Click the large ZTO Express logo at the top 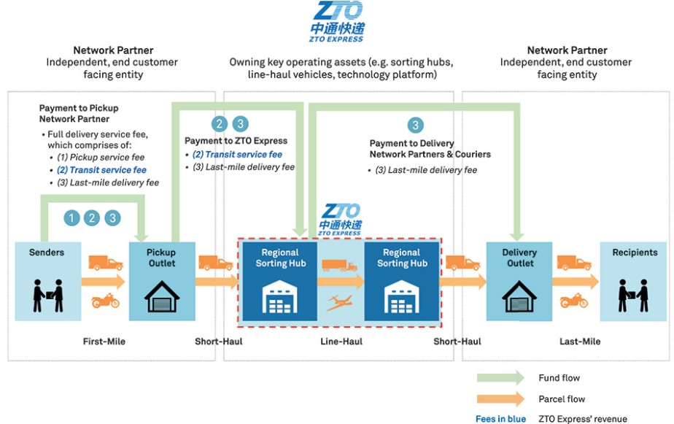(337, 20)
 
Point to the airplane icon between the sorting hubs (341, 301)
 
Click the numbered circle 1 (71, 217)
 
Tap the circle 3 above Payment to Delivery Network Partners (415, 125)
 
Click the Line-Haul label (341, 341)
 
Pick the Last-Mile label (580, 341)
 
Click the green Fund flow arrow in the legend (500, 378)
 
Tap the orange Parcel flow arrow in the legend (500, 399)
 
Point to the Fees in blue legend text (500, 419)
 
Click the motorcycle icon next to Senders (104, 301)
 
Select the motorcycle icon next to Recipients (574, 301)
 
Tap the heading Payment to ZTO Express (236, 141)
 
